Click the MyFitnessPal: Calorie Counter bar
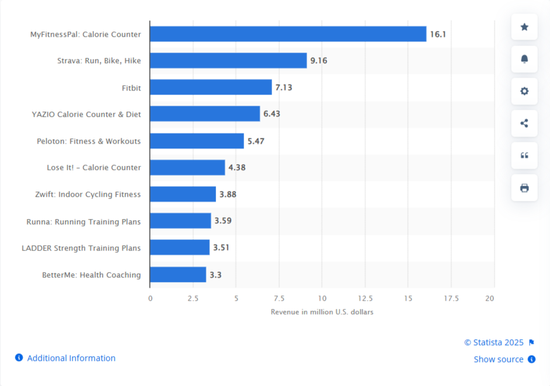click(288, 34)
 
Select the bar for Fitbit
click(211, 88)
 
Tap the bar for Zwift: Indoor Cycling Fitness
click(183, 194)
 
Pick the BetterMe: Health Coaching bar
click(178, 274)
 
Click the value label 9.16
click(318, 61)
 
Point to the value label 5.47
click(256, 141)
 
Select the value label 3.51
click(221, 248)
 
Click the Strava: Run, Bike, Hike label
click(99, 61)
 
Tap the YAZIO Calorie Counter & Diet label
click(86, 114)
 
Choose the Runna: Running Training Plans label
click(83, 221)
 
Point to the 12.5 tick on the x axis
click(365, 298)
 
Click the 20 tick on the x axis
click(490, 298)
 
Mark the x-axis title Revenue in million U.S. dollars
click(322, 312)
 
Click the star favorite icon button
click(524, 27)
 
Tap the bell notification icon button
click(524, 59)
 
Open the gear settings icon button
click(524, 91)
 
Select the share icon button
click(524, 123)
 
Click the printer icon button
click(524, 187)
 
